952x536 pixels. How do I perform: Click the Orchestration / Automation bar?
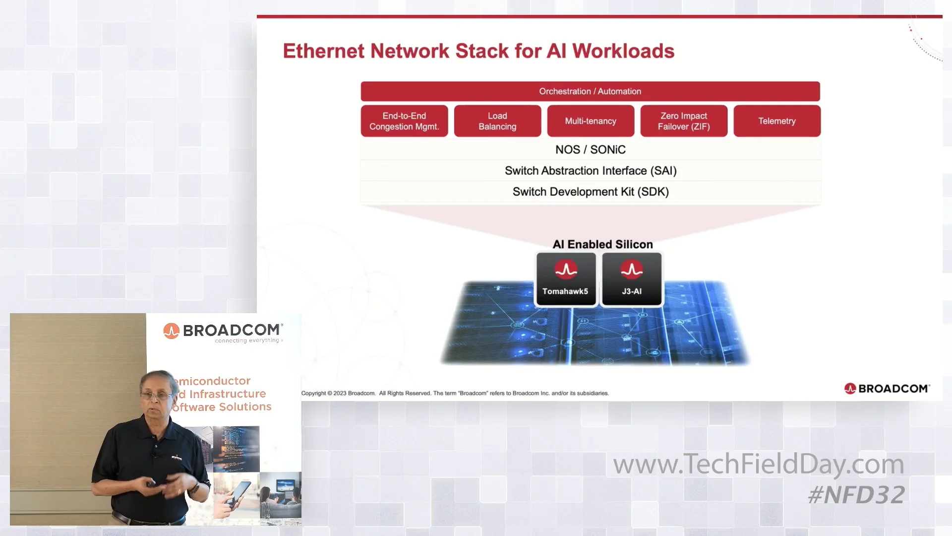point(590,91)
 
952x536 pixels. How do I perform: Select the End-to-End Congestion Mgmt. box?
point(404,121)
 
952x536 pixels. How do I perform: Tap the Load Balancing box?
point(497,121)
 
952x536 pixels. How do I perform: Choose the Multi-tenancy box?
point(591,121)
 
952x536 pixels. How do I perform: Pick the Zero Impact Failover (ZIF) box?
point(684,121)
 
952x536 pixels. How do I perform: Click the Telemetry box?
point(777,121)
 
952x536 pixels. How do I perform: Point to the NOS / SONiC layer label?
point(590,149)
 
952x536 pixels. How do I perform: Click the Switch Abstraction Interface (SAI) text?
point(590,171)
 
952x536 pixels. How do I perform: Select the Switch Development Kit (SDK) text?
point(590,192)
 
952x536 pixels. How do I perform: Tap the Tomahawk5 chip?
point(566,279)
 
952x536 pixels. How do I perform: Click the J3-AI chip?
point(632,279)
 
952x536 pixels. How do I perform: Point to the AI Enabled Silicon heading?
point(602,244)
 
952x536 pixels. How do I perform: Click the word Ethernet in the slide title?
point(323,51)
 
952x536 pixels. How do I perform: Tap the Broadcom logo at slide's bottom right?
point(887,389)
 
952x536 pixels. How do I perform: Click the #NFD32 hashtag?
point(856,495)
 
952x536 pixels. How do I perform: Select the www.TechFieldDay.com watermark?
point(758,464)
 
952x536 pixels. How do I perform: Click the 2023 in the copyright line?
point(340,394)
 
